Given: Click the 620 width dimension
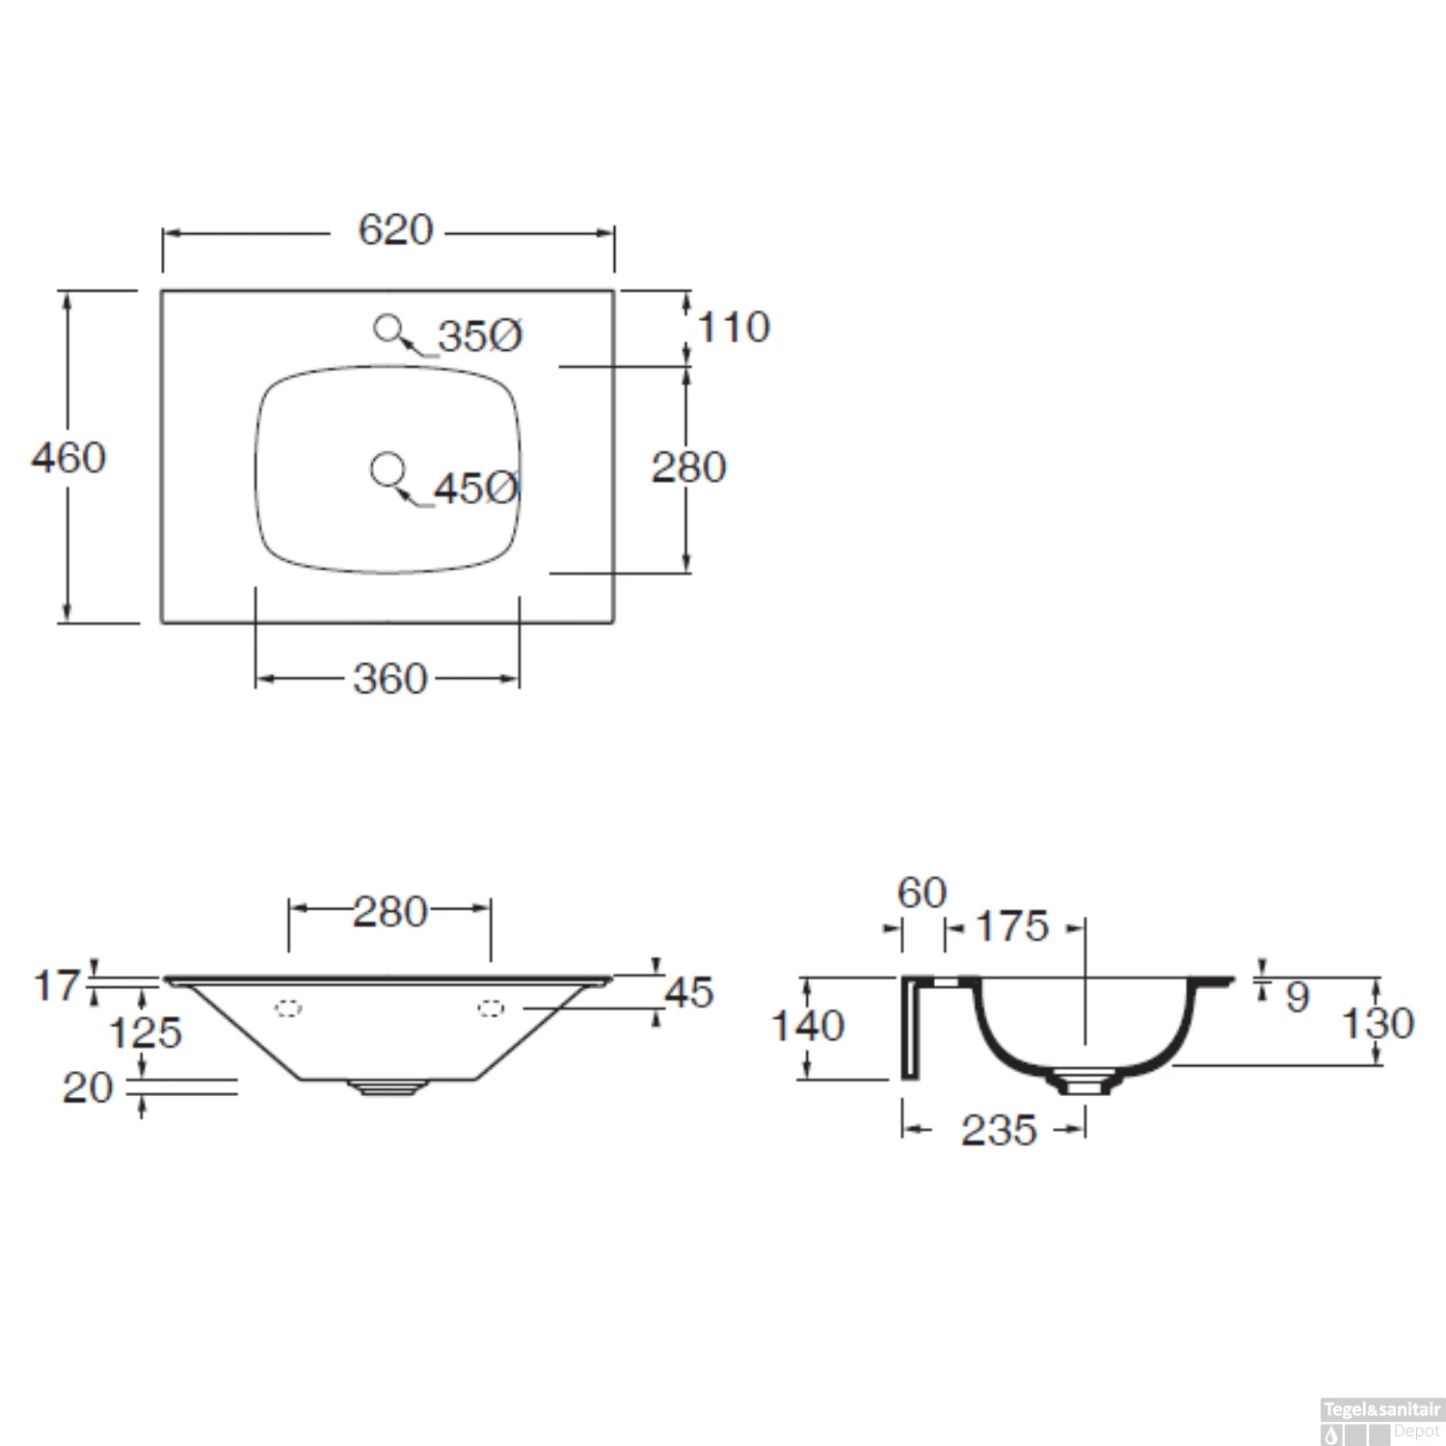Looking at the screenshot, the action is point(395,229).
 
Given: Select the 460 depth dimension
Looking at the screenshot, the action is point(68,457).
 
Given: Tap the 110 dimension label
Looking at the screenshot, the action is point(734,328).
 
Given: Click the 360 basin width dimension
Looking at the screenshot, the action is point(389,679).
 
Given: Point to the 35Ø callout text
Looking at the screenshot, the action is point(480,336).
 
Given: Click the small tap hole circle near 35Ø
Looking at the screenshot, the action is point(388,329).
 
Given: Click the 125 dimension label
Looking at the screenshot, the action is point(145,1033).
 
